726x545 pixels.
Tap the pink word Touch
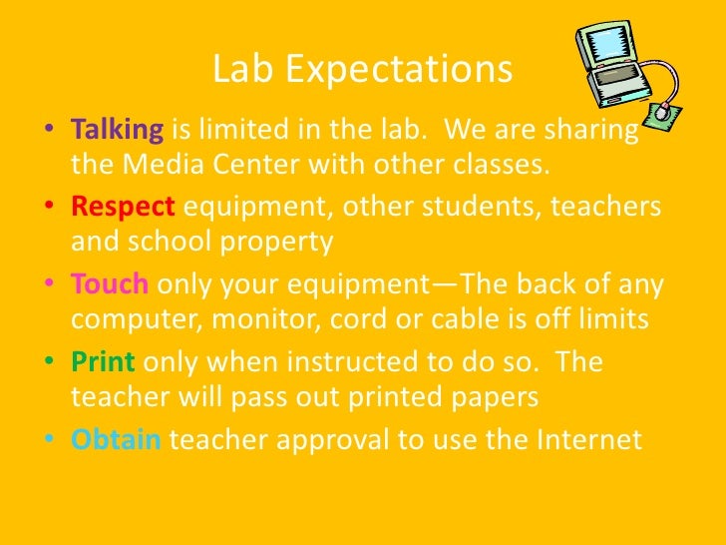pos(110,284)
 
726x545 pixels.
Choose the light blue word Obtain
pos(116,439)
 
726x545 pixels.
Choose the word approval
pos(331,439)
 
